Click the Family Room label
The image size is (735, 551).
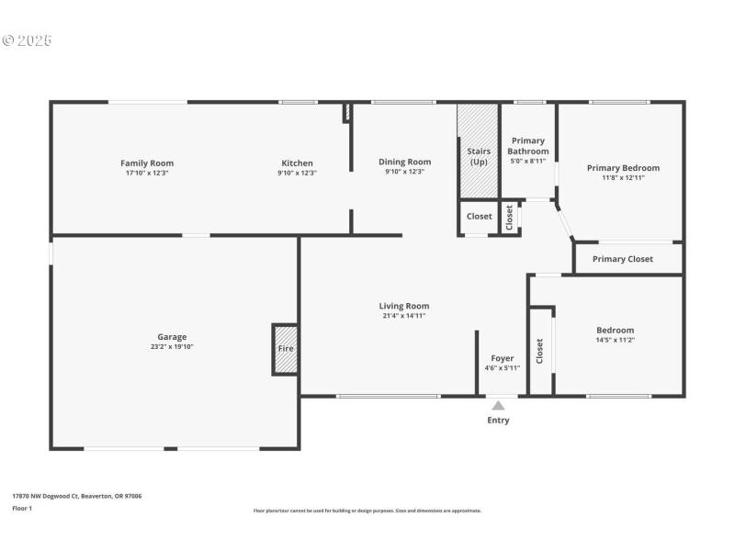pos(147,163)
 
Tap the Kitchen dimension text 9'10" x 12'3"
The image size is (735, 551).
pos(298,173)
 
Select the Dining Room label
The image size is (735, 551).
pos(404,163)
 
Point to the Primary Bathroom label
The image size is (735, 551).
pos(529,146)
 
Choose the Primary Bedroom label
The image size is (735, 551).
pos(623,168)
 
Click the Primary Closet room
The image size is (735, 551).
pos(623,259)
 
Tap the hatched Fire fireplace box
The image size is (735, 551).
pos(286,349)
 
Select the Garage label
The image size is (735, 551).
pos(172,337)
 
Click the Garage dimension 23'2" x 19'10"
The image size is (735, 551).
pos(172,347)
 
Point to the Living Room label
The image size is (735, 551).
pos(404,306)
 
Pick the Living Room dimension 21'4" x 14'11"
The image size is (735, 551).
pos(404,316)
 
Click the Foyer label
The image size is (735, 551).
pos(503,358)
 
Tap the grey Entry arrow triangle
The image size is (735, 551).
pos(498,405)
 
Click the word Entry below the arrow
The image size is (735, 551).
pos(498,421)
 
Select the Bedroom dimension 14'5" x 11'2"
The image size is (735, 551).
pos(615,341)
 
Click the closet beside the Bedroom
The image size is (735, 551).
pos(540,350)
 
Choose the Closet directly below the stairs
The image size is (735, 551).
pos(479,217)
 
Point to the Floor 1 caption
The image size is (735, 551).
pos(22,508)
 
